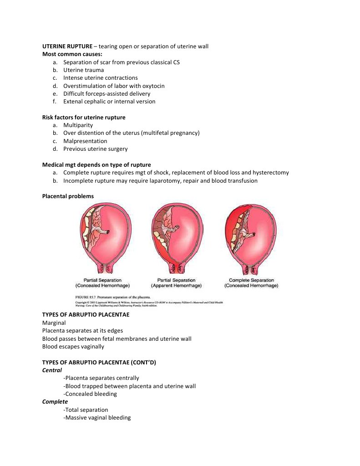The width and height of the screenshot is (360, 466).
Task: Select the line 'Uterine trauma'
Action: tap(83, 70)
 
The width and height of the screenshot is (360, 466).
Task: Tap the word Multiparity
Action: tap(78, 125)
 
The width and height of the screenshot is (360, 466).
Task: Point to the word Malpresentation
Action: tap(85, 141)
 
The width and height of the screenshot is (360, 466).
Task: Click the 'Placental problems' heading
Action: tap(68, 196)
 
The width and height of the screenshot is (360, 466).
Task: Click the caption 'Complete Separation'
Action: tap(251, 280)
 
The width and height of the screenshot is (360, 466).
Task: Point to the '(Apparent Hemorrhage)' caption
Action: tap(176, 286)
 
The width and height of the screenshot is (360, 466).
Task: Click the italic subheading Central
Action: tap(52, 370)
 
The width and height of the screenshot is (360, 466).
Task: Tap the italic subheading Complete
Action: tap(55, 402)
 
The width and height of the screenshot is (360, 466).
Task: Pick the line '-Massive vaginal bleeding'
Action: tap(97, 417)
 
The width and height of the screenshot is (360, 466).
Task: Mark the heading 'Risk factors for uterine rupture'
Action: tap(84, 117)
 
